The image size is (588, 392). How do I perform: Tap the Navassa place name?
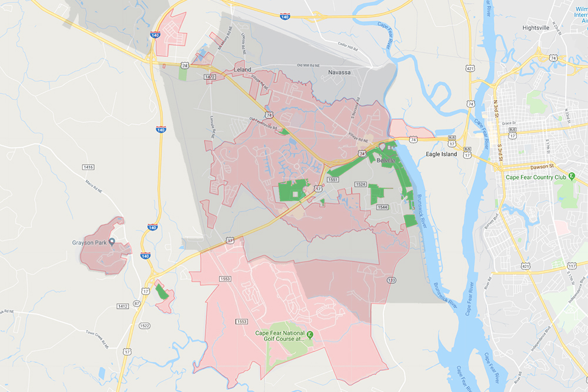click(340, 72)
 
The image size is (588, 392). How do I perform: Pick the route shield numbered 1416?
click(89, 167)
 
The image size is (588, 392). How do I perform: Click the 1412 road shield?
click(122, 306)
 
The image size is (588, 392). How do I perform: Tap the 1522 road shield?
click(145, 326)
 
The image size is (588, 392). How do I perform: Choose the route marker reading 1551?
click(333, 180)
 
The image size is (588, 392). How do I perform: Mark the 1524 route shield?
click(361, 185)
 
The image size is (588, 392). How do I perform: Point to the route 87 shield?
click(136, 303)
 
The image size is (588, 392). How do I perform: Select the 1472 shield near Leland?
click(210, 77)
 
